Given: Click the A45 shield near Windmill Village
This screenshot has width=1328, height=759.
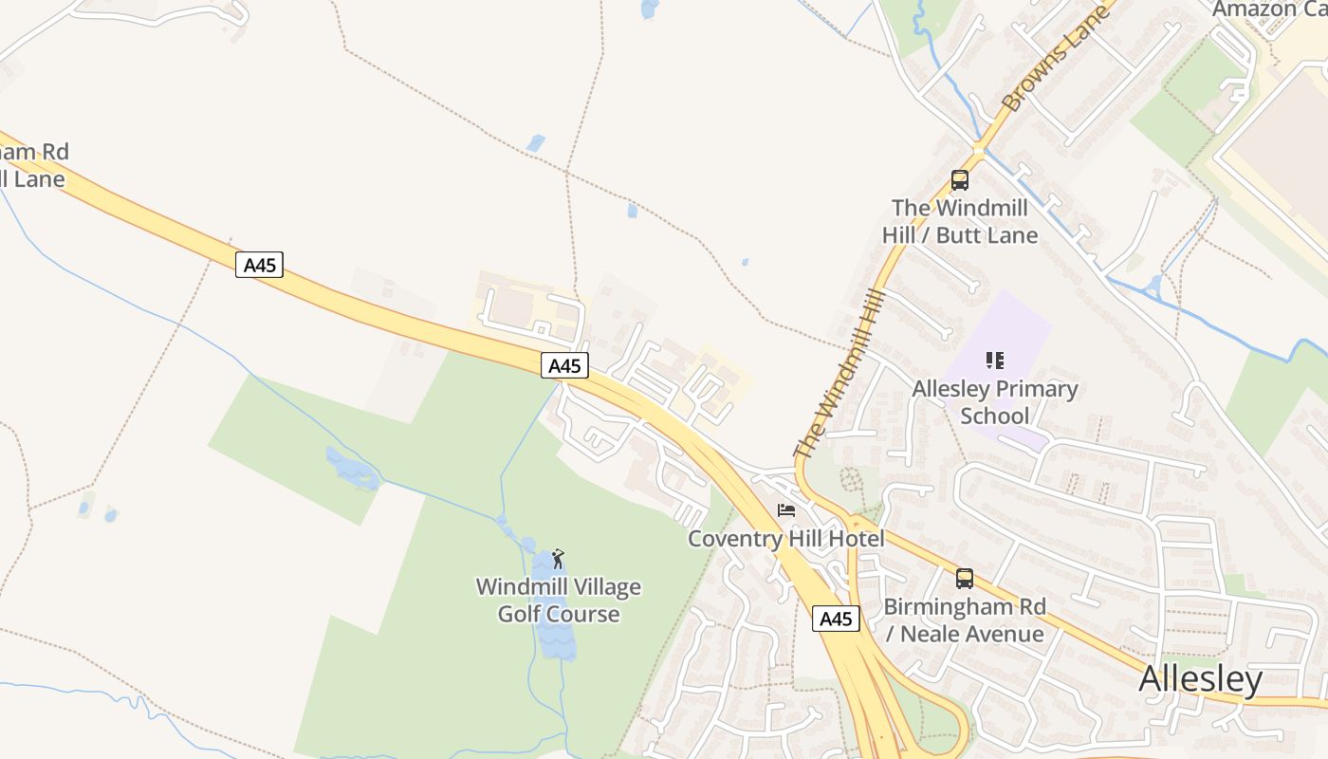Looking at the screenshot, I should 564,365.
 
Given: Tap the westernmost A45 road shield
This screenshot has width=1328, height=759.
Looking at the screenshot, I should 259,264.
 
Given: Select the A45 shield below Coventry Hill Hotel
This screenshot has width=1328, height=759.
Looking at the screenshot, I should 836,619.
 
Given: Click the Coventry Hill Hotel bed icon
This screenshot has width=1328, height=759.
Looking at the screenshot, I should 786,510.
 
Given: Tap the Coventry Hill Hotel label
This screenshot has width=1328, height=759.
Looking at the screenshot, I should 785,539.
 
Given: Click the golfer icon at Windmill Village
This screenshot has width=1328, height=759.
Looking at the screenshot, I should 558,559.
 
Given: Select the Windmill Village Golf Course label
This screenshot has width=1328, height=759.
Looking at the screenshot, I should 559,601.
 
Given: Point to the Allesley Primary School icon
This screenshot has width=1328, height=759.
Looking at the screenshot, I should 994,361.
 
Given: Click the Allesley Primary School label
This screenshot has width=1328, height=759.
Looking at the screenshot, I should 994,402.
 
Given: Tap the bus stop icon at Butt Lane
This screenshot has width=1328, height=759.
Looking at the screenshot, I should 959,180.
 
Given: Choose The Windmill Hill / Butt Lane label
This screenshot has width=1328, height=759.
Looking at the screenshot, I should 959,221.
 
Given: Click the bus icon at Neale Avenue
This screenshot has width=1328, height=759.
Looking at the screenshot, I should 964,578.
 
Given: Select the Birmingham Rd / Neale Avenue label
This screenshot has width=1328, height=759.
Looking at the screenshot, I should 964,620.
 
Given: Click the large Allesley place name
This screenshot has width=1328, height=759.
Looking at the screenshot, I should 1200,679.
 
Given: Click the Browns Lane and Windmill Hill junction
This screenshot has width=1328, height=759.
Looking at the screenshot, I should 978,150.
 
